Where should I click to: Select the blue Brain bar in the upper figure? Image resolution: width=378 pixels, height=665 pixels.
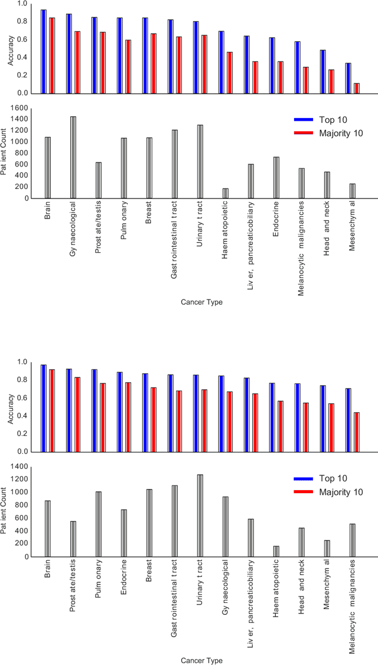[44, 51]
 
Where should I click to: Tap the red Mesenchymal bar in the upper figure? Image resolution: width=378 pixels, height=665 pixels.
[357, 88]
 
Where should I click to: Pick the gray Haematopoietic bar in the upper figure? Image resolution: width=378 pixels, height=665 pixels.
[226, 193]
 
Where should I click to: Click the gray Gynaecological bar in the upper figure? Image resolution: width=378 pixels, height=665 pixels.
[73, 157]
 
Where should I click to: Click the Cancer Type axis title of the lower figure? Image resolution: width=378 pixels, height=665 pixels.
[202, 660]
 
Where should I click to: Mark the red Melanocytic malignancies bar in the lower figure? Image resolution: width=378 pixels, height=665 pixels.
[357, 432]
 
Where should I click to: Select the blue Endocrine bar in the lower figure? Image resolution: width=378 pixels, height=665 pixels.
[120, 412]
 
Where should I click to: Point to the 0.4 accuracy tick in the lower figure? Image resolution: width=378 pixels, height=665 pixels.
[22, 416]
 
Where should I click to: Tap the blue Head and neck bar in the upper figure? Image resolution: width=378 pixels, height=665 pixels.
[323, 71]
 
